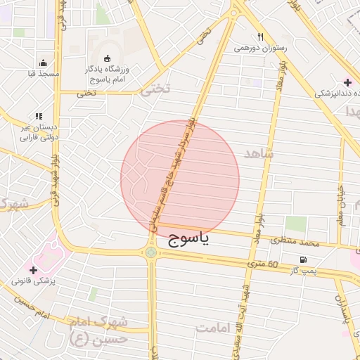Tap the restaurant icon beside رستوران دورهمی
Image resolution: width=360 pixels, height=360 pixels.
tap(260, 37)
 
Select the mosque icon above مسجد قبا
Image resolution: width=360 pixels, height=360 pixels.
tap(44, 63)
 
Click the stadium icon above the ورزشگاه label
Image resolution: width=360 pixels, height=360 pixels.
tap(108, 58)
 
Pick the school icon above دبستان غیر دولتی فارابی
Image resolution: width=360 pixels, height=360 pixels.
tap(39, 116)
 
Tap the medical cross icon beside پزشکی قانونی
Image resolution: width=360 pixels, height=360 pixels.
tap(33, 269)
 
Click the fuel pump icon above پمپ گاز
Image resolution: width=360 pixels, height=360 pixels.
tap(303, 259)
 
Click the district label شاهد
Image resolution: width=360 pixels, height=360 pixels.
tap(259, 153)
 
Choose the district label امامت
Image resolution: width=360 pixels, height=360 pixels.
tap(214, 328)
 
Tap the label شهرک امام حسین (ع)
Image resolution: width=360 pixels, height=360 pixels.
tap(98, 330)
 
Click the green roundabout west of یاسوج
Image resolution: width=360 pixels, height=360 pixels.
tap(151, 252)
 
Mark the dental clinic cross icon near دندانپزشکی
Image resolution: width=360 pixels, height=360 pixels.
tap(347, 82)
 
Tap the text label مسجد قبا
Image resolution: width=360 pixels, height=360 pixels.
tap(44, 74)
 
